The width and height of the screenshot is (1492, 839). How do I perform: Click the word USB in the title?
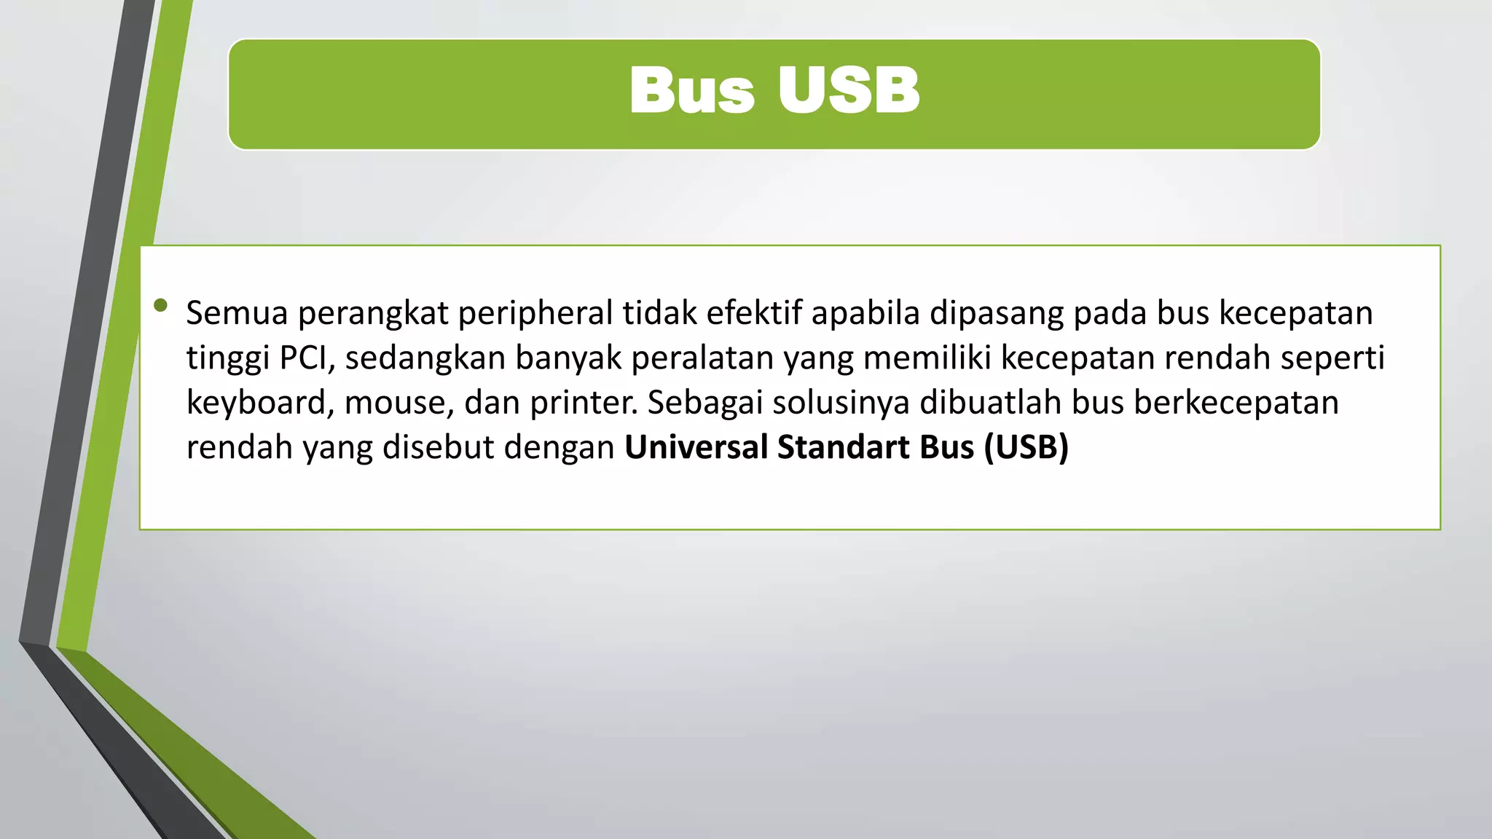[848, 91]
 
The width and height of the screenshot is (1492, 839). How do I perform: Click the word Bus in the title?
[691, 91]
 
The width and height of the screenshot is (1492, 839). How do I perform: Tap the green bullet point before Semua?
[161, 305]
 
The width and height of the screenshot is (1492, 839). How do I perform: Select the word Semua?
[237, 313]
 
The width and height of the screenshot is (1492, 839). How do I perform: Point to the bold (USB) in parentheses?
[1026, 447]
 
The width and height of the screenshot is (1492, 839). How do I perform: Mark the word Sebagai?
[704, 403]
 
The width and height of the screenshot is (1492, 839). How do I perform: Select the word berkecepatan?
[1236, 403]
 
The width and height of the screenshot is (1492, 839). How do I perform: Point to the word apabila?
[865, 313]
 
